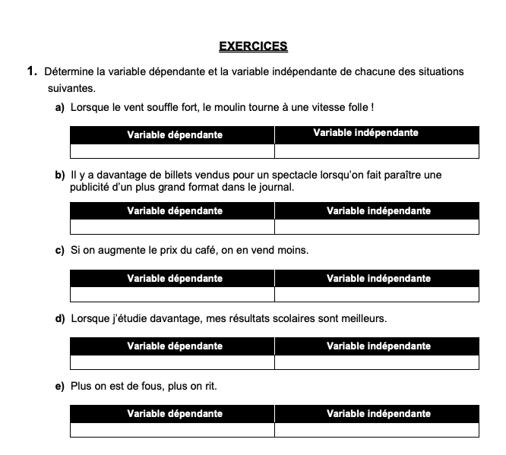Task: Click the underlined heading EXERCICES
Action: (x=253, y=46)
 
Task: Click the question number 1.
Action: (x=31, y=71)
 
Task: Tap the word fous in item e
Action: (x=145, y=386)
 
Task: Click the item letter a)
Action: (x=60, y=109)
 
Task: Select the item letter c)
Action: (x=60, y=250)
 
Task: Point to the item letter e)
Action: (x=60, y=386)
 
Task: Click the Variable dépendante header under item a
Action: (x=175, y=134)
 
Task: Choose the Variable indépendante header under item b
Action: (x=378, y=210)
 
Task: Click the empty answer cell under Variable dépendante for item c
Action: (x=172, y=294)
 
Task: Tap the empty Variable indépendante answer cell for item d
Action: (x=377, y=362)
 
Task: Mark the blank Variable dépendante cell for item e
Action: (x=172, y=430)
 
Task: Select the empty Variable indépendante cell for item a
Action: (x=377, y=150)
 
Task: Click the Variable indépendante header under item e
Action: (x=378, y=414)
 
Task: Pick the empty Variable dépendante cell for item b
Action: (x=172, y=226)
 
